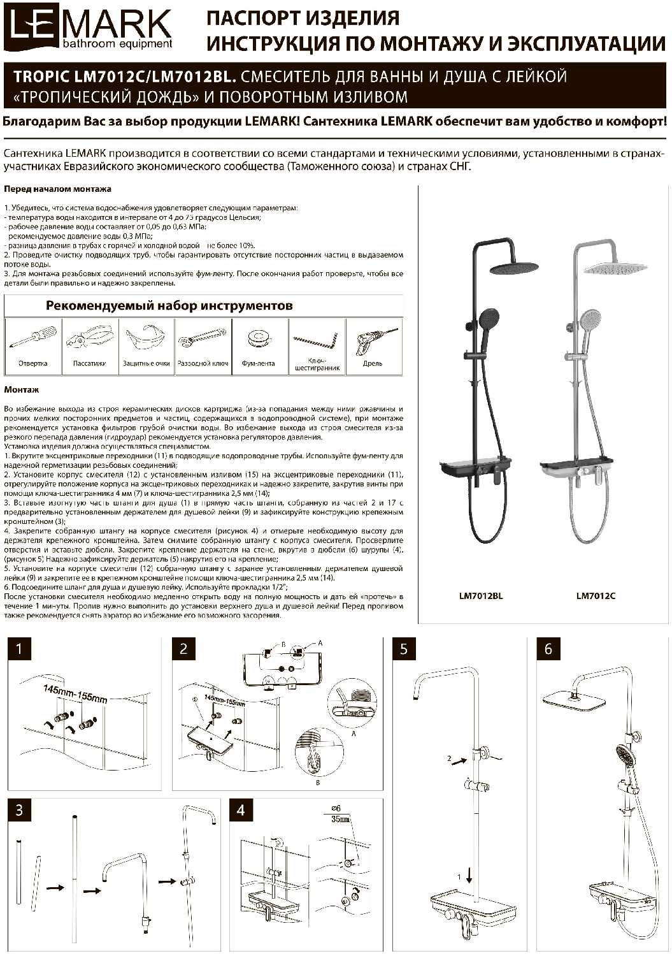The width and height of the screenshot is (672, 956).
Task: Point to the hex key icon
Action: pos(316,338)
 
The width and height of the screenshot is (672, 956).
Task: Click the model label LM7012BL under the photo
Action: pos(481,596)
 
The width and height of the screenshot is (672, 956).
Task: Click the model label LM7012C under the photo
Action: pos(596,596)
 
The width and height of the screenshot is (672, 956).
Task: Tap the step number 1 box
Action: pos(19,649)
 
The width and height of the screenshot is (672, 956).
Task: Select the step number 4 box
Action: pos(240,810)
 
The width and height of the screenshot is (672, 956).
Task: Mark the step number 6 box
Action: pos(548,649)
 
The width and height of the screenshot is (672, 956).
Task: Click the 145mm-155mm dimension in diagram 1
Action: pos(75,693)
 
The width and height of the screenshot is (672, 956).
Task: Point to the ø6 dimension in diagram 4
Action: pos(336,808)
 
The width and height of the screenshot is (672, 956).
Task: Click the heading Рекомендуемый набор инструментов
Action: pos(169,305)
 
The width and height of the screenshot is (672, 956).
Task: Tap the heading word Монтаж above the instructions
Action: pos(22,389)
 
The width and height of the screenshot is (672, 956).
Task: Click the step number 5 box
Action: pos(404,649)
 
